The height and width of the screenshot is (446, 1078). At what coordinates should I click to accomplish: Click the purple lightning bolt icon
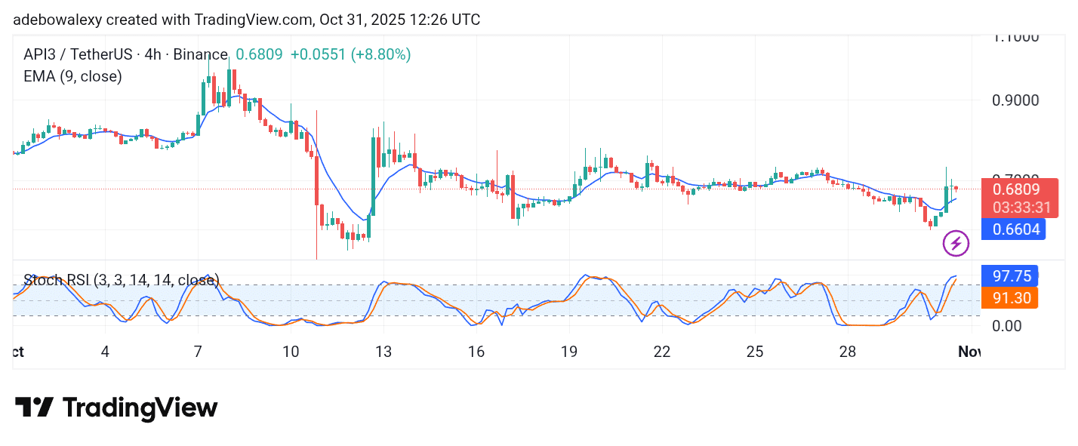(956, 243)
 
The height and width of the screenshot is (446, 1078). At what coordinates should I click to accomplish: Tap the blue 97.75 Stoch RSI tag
(1010, 275)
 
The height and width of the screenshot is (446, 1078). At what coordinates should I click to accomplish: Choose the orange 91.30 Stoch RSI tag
(1010, 298)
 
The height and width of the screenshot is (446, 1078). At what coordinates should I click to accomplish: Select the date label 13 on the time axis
(383, 352)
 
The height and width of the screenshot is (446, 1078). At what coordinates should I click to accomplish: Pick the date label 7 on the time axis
(198, 352)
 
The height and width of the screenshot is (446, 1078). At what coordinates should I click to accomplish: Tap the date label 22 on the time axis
(662, 352)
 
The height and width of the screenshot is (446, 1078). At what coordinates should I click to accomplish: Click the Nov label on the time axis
(969, 352)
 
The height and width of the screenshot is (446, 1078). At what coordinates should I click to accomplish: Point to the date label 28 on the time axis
(848, 352)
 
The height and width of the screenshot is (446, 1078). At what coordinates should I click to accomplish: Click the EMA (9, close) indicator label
(72, 76)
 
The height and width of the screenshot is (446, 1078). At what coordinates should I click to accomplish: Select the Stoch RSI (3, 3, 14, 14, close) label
(122, 281)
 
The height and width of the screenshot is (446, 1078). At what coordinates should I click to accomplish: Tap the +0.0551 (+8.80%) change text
(350, 54)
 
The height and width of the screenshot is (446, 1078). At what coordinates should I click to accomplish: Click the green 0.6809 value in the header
(259, 54)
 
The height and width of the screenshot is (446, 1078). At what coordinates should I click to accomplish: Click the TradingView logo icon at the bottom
(34, 408)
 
